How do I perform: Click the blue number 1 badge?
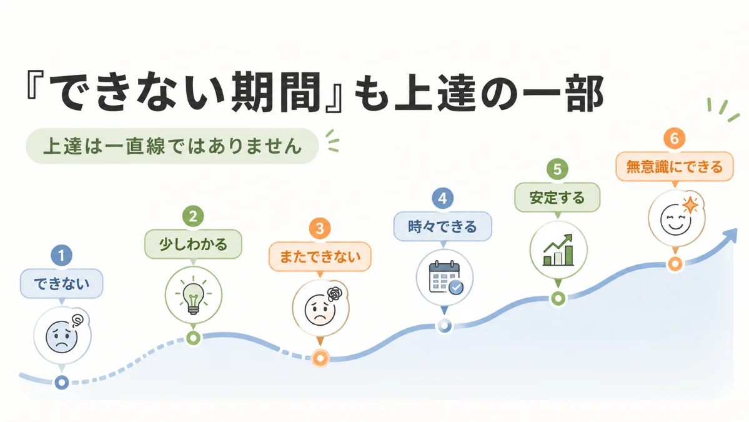click(x=61, y=256)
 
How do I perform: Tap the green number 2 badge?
click(x=193, y=216)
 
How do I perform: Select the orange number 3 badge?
click(x=320, y=228)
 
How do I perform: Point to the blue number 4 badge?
click(x=442, y=198)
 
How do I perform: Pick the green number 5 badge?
click(x=557, y=169)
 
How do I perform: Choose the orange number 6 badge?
click(x=675, y=139)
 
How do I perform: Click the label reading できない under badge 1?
click(x=62, y=284)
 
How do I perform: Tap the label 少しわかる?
click(x=193, y=244)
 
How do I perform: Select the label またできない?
click(x=320, y=257)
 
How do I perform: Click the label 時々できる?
click(x=442, y=226)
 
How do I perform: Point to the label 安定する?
click(x=557, y=198)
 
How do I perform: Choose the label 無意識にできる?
click(x=675, y=167)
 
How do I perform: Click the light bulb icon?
click(x=193, y=295)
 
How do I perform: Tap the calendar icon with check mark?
click(x=445, y=278)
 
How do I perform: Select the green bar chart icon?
click(x=558, y=250)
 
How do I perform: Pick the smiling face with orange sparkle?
click(x=677, y=218)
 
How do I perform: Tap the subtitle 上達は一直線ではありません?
click(x=172, y=146)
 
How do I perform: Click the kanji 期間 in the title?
click(x=276, y=92)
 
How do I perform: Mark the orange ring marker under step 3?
click(x=320, y=358)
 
